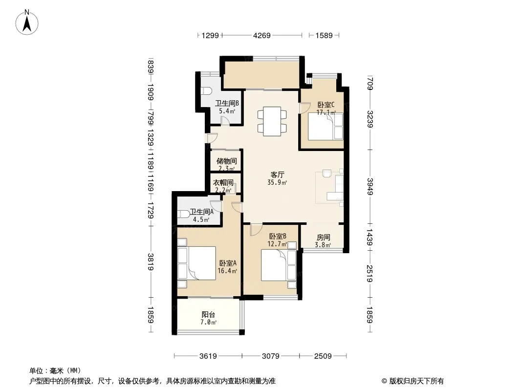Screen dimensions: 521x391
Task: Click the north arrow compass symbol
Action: [x=27, y=22]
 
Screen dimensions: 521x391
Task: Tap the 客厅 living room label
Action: [x=277, y=175]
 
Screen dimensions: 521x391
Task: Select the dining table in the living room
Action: [x=272, y=121]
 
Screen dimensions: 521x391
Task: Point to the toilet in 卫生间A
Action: [x=184, y=213]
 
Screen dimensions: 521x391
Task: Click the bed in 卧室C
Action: [x=326, y=126]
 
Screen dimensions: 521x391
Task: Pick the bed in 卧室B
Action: [x=279, y=265]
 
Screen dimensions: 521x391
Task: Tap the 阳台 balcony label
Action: [x=208, y=315]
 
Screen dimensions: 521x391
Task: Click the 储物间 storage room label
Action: [x=227, y=161]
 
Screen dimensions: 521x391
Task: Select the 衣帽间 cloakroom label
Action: [x=223, y=182]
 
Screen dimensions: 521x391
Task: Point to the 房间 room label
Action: [x=323, y=237]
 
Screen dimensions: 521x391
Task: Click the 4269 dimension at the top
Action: [x=262, y=35]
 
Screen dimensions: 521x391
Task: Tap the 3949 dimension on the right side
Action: [x=370, y=187]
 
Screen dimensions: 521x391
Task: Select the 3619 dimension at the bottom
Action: [x=208, y=356]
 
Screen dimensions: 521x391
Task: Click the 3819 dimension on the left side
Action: [x=151, y=262]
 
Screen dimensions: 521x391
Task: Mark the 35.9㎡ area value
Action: [x=277, y=182]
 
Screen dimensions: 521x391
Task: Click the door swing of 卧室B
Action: [x=256, y=230]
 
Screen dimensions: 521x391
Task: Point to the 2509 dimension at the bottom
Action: [x=323, y=356]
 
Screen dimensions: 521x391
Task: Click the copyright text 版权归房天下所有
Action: [x=416, y=381]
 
